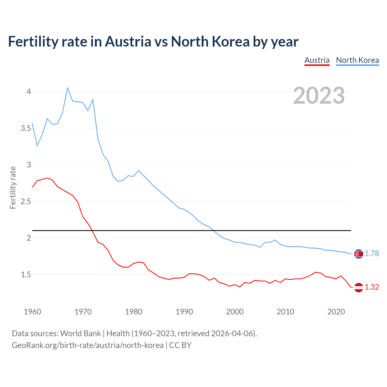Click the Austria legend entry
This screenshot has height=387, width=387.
tap(317, 60)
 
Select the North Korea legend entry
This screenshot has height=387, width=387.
tap(357, 60)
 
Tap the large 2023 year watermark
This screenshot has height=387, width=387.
tap(319, 96)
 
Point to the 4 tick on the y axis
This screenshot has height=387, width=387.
tap(29, 92)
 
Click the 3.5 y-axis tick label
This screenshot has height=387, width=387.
tap(26, 128)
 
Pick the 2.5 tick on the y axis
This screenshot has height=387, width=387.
tap(26, 201)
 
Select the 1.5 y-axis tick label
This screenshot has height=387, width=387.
tap(26, 275)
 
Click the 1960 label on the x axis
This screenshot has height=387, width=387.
tap(32, 312)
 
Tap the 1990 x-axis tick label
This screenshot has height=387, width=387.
tap(184, 312)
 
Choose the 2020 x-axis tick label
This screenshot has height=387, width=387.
tap(336, 312)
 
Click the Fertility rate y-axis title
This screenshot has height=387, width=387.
tap(13, 187)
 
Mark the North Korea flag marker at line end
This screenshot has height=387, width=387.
tap(359, 254)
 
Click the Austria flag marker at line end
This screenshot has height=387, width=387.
tap(359, 287)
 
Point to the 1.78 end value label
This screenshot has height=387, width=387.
tap(372, 254)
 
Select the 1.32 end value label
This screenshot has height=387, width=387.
tap(372, 287)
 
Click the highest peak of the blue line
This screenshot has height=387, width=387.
tap(67, 88)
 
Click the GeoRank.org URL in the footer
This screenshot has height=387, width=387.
tap(88, 345)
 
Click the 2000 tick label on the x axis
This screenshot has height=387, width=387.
tap(235, 312)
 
